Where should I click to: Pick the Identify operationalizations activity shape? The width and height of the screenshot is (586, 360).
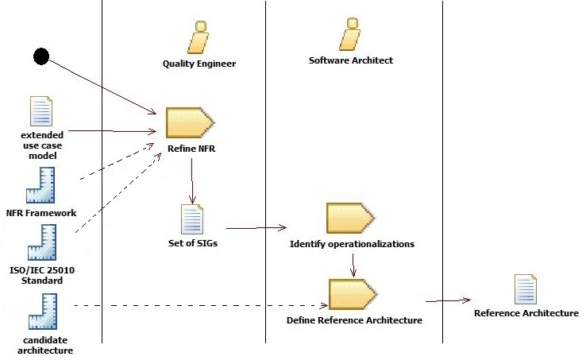(x=350, y=218)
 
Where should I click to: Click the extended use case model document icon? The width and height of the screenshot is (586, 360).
(x=40, y=112)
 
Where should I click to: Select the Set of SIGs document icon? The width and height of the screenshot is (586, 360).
(x=192, y=219)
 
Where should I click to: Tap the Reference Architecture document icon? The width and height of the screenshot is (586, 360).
(x=526, y=290)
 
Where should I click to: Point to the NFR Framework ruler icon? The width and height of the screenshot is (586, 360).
(x=40, y=185)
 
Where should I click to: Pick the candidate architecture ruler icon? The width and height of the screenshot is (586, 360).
(x=41, y=312)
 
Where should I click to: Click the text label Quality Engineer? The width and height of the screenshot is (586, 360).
(x=199, y=64)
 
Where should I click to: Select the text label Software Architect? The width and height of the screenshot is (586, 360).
(x=350, y=60)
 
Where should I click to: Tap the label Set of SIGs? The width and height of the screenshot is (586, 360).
(x=193, y=243)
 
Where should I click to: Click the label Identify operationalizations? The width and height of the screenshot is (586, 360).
(x=352, y=244)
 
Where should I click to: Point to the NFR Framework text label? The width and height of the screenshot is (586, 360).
(x=40, y=213)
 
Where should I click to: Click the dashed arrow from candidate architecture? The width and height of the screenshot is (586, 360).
(x=199, y=305)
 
